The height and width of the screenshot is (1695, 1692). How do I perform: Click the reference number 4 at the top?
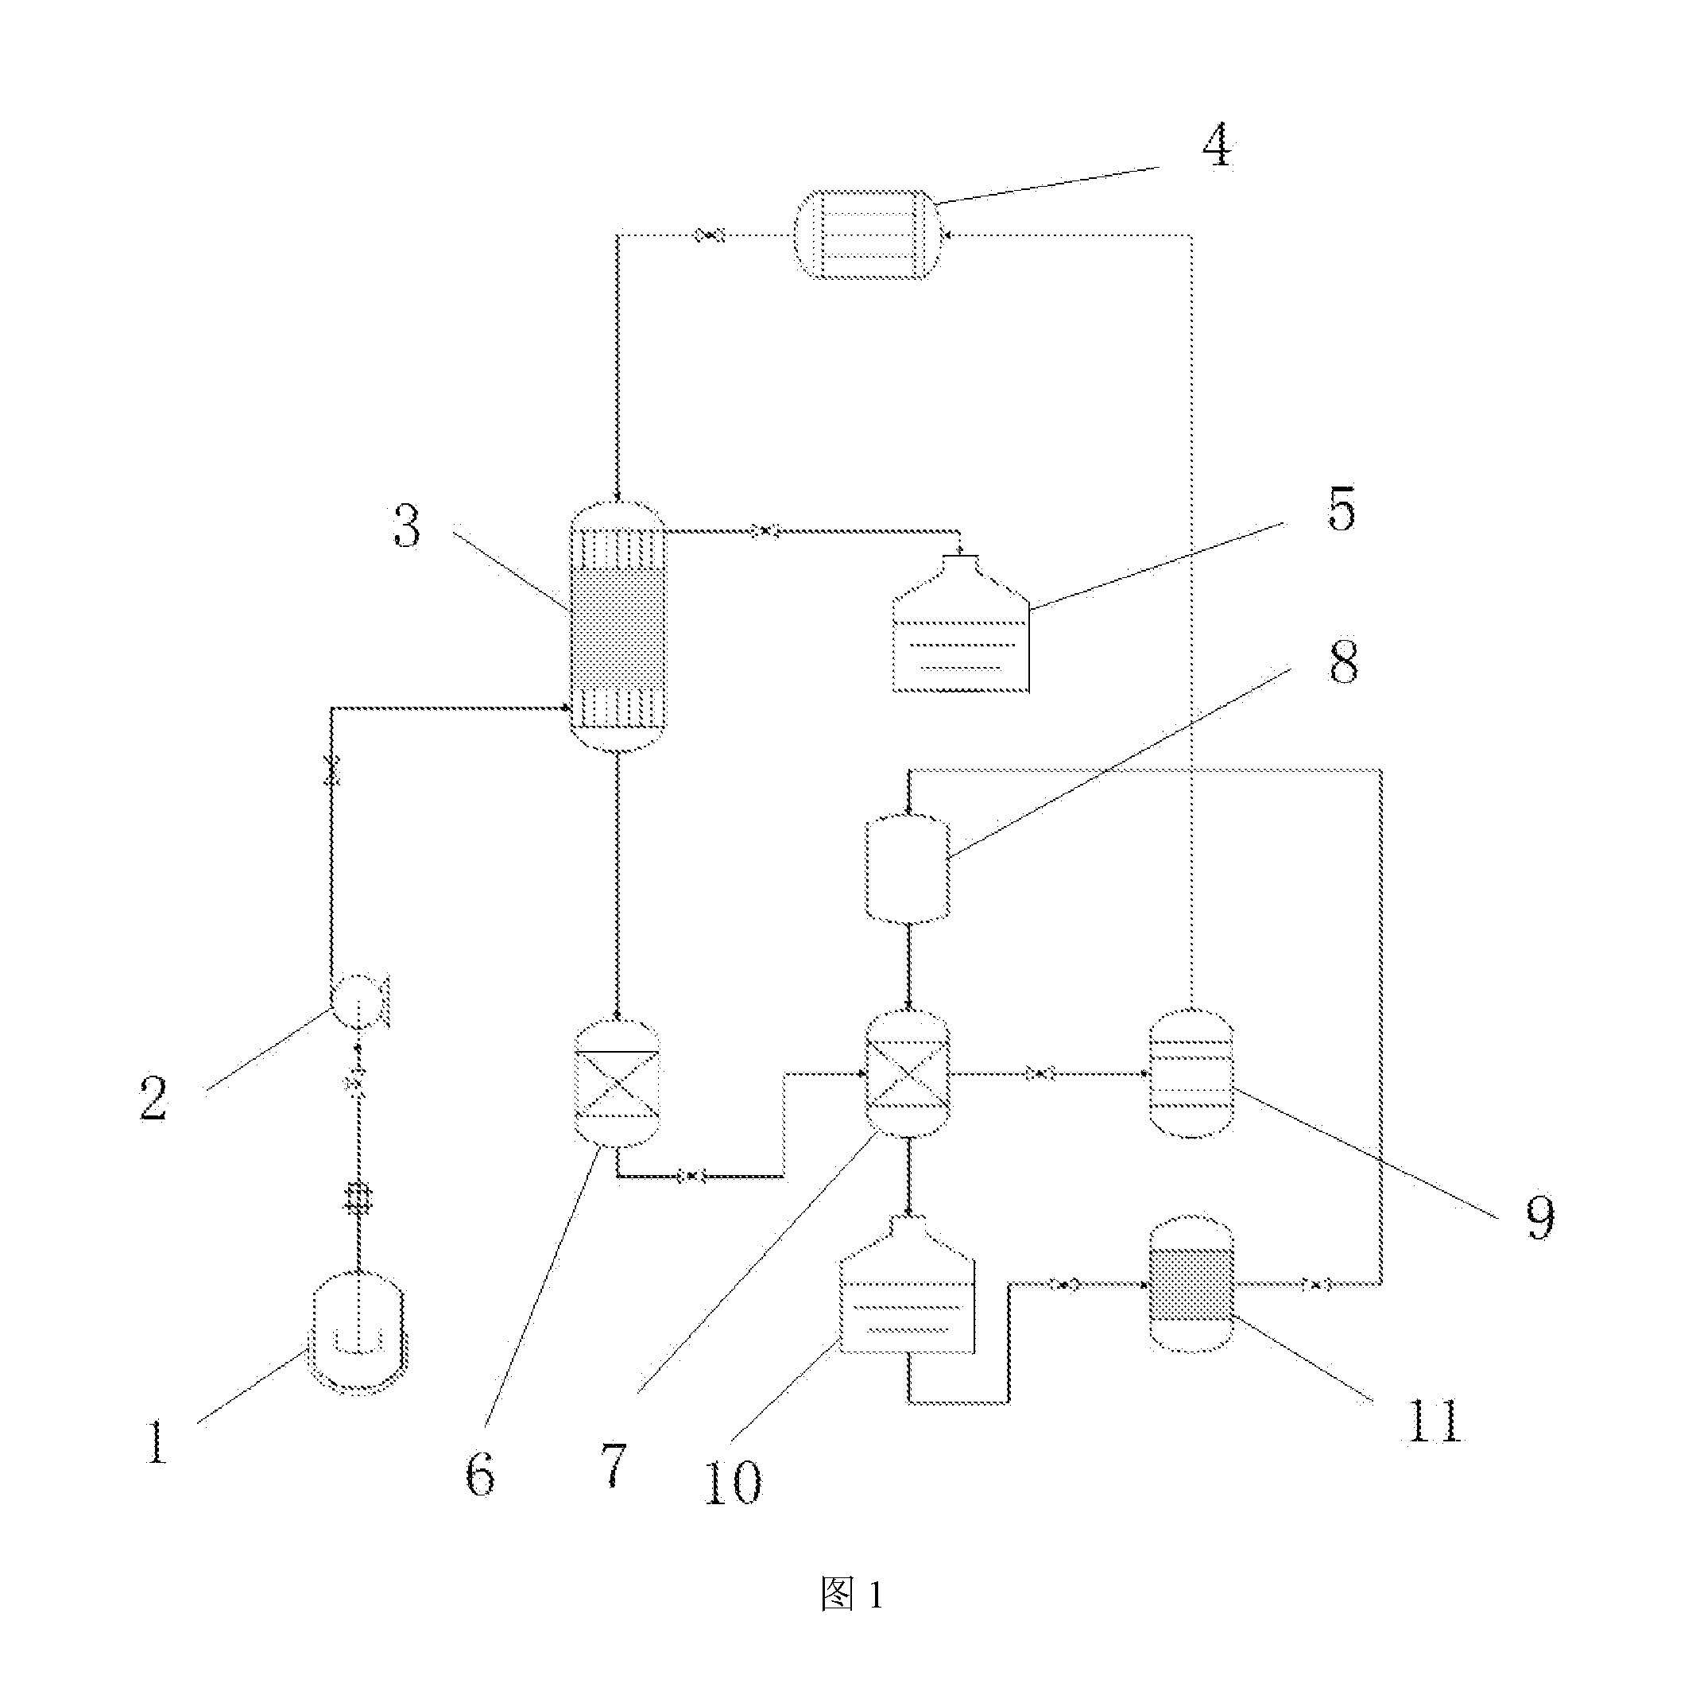pyautogui.click(x=1218, y=145)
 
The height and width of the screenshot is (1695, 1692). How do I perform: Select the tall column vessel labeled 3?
pyautogui.click(x=618, y=627)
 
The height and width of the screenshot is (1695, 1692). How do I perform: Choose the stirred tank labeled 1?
pyautogui.click(x=358, y=1333)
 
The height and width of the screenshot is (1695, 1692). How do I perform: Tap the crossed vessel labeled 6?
pyautogui.click(x=617, y=1083)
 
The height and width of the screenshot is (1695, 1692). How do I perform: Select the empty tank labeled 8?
pyautogui.click(x=908, y=868)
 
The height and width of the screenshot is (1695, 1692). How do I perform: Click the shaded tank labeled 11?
pyautogui.click(x=1191, y=1283)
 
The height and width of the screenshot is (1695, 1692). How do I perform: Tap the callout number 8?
pyautogui.click(x=1344, y=661)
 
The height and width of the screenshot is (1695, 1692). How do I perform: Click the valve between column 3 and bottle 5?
pyautogui.click(x=765, y=531)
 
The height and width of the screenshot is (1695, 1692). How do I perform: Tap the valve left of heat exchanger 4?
pyautogui.click(x=710, y=235)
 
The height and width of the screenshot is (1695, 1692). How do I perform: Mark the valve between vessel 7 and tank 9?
pyautogui.click(x=1040, y=1073)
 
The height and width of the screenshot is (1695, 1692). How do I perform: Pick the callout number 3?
pyautogui.click(x=407, y=526)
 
